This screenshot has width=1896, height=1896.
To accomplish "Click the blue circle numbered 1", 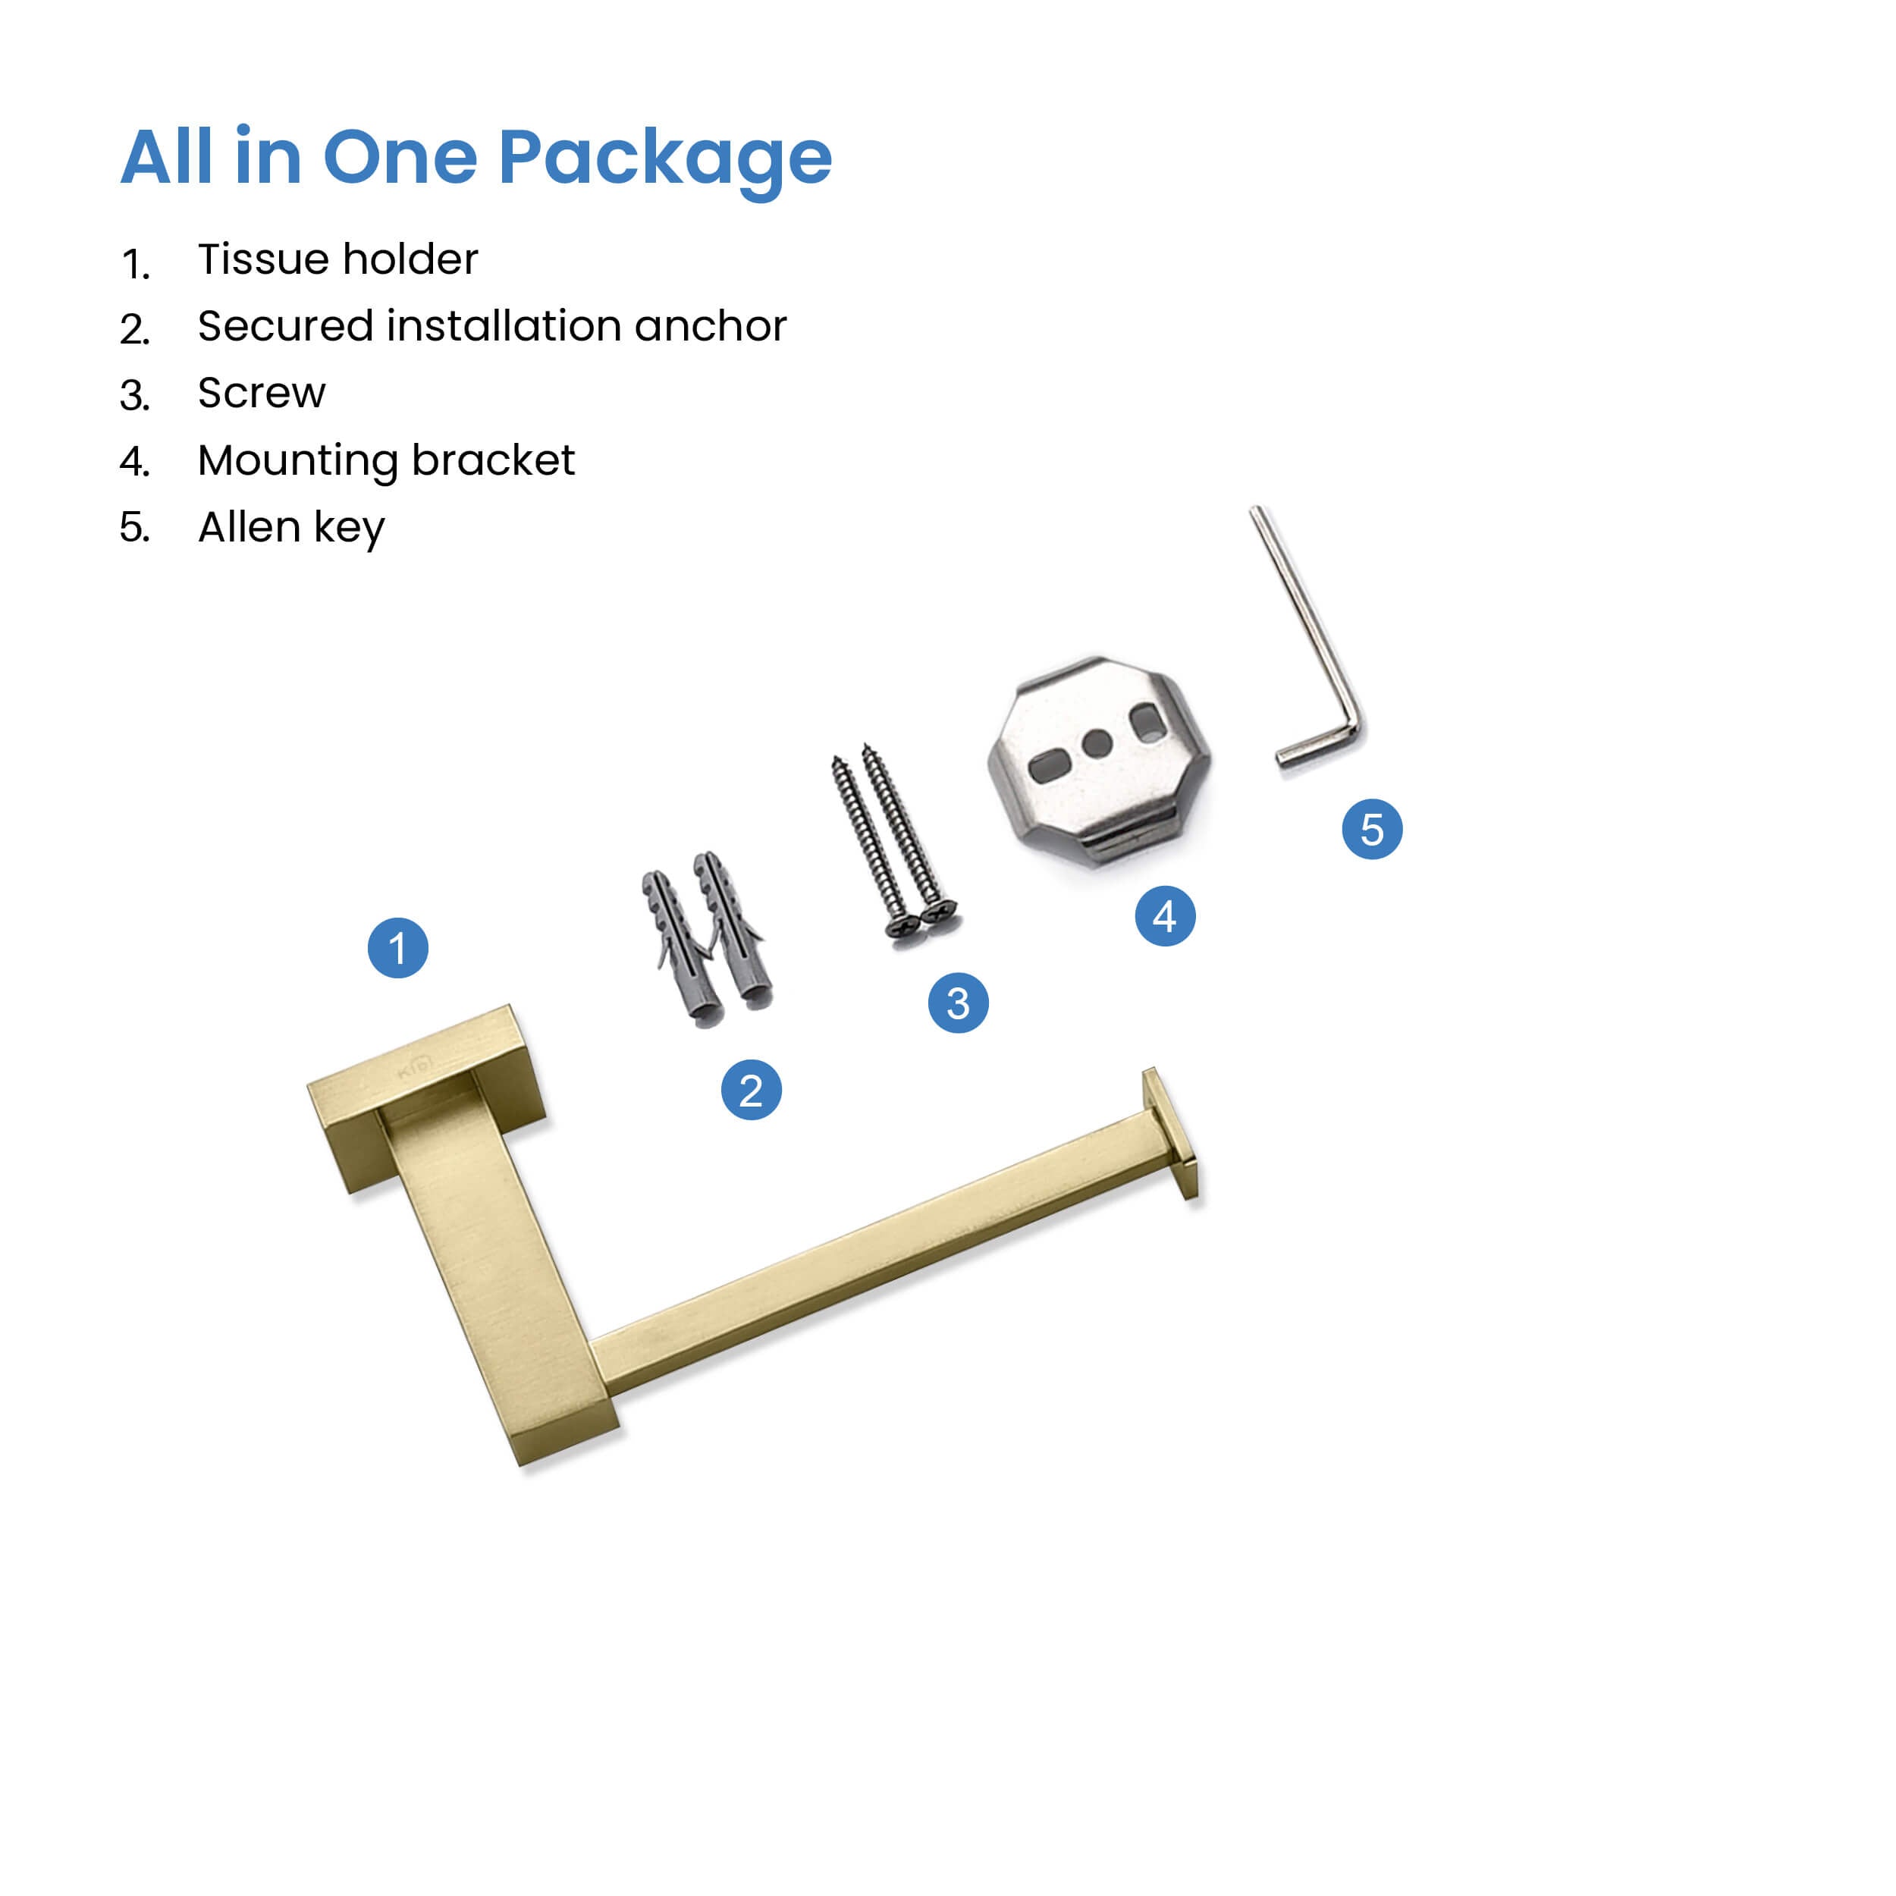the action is coord(397,948).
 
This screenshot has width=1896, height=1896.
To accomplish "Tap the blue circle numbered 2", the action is coord(751,1091).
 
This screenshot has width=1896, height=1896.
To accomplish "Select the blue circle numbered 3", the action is coord(958,1003).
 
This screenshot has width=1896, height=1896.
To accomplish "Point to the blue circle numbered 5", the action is coord(1372,829).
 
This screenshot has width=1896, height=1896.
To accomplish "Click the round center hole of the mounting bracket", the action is coord(1097,744).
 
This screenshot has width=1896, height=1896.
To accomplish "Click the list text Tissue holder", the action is coord(337,259).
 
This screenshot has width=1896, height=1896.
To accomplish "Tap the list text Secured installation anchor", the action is coord(491,326).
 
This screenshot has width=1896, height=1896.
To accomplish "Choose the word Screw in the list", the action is coord(261,393).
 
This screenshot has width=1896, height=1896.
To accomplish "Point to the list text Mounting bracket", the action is coord(386,461).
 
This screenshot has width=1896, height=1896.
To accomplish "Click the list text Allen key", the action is coord(291,528).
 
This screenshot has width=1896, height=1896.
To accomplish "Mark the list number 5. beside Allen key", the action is coord(134,528).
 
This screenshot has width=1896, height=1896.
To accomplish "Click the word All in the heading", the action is coord(166,156).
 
